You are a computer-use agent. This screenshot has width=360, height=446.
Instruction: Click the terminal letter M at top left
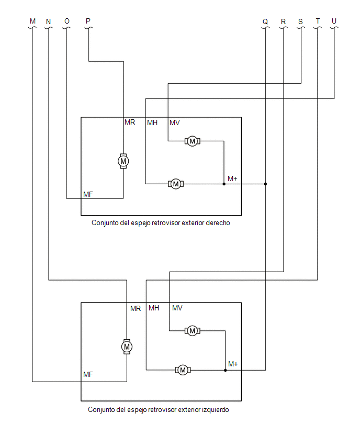32,21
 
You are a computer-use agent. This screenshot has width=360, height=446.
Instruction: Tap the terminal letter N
48,21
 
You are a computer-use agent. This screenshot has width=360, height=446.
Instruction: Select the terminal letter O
67,21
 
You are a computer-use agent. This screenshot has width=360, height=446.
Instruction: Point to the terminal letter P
88,21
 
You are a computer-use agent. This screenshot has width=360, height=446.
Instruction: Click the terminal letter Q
265,21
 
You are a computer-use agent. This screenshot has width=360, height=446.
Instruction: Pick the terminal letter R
283,21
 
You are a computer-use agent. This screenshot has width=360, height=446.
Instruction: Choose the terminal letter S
300,21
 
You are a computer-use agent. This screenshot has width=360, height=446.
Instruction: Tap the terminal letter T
318,21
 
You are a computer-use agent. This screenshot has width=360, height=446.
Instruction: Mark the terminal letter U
334,21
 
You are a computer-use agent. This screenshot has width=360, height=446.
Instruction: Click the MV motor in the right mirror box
192,141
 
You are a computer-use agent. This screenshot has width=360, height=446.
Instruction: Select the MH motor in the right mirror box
176,184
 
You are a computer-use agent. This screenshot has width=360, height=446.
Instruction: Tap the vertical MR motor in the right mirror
123,161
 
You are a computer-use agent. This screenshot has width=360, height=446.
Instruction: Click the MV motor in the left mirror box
192,330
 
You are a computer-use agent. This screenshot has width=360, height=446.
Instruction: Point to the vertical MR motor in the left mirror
127,347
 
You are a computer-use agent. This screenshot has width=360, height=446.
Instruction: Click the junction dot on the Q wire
265,184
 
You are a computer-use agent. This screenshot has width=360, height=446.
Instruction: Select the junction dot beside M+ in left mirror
225,370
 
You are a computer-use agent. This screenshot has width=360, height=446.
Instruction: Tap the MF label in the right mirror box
88,194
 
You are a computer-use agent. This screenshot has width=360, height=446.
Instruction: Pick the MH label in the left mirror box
154,308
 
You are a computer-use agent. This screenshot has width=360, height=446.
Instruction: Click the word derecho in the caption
218,222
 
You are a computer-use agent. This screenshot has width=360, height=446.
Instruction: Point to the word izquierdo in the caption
215,409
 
